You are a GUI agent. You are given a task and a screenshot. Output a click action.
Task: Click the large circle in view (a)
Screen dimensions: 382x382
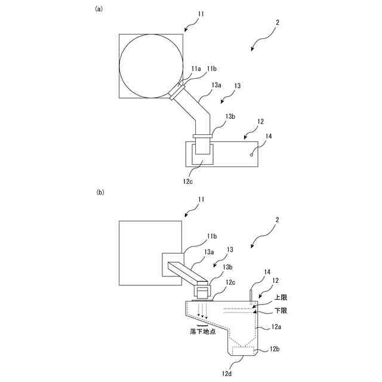150,65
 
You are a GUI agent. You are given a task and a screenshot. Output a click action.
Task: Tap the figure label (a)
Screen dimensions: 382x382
99,9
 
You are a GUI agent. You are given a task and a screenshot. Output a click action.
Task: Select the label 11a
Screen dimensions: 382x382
196,70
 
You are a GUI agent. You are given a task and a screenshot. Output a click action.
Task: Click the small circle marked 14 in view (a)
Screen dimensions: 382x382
251,154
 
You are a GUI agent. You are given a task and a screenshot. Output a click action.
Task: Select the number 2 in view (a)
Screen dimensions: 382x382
278,23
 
